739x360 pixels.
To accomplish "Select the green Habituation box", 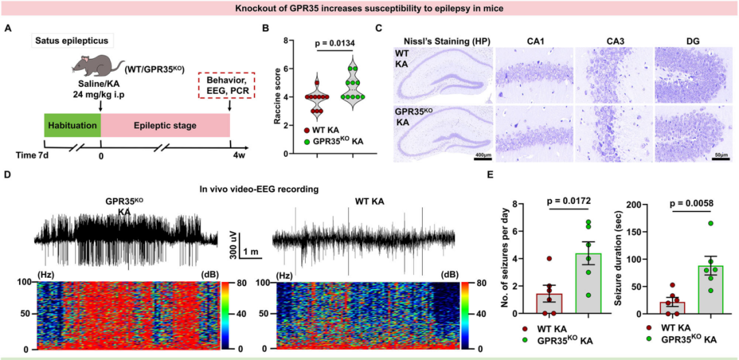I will click(73, 125).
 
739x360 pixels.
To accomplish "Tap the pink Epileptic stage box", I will click(165, 125).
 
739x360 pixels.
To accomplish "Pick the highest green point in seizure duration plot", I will click(692, 223).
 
